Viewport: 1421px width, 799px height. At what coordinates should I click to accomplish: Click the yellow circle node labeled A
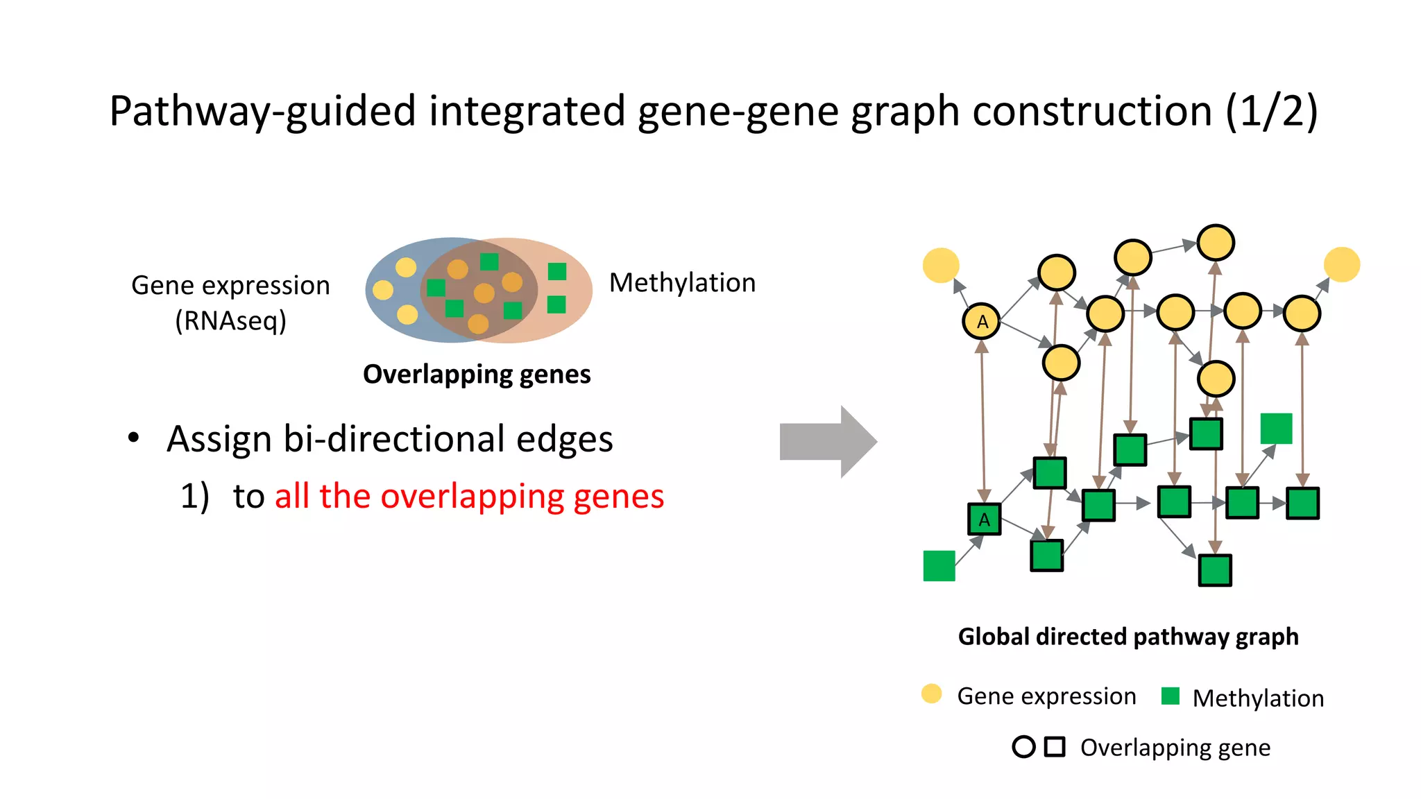point(981,321)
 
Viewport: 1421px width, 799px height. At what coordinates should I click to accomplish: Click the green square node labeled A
point(984,519)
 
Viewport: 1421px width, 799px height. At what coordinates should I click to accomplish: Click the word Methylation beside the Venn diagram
point(682,283)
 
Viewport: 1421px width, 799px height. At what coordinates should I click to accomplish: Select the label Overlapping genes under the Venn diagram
point(477,374)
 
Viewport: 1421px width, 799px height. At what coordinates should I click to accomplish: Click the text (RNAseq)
point(230,320)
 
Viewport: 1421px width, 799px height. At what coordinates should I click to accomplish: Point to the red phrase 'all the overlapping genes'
point(469,497)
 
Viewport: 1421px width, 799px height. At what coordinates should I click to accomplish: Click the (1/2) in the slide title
point(1271,111)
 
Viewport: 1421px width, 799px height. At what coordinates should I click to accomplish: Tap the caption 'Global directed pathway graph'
point(1128,636)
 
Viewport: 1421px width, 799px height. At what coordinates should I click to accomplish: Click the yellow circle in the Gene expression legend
point(931,694)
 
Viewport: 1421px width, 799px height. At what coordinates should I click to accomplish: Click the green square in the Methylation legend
point(1171,696)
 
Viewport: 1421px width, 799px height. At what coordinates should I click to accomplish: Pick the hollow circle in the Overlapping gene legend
point(1023,746)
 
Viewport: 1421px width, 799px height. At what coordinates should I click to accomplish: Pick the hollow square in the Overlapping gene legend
point(1055,746)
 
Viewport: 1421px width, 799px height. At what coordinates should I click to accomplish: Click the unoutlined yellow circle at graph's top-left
point(941,265)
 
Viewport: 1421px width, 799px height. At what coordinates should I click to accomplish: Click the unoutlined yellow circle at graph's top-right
point(1342,264)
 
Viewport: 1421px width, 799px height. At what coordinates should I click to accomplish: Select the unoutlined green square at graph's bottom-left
point(939,565)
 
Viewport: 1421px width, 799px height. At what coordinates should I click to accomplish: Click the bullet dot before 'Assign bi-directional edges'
point(133,438)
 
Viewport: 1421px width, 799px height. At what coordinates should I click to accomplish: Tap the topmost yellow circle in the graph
point(1216,243)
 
